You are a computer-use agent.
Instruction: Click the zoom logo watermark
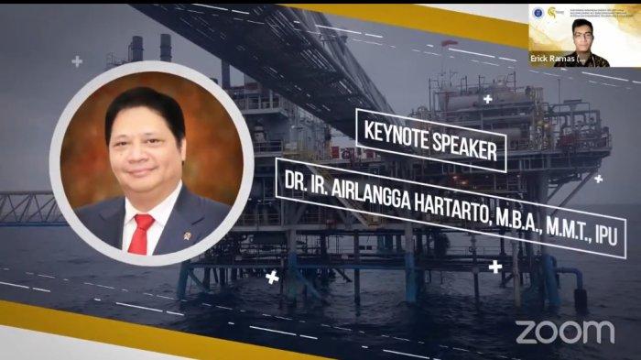(x=565, y=331)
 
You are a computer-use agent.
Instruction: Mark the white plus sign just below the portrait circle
(x=271, y=276)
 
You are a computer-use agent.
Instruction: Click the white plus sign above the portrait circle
(x=77, y=61)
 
